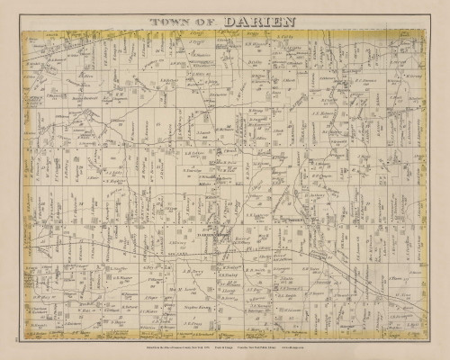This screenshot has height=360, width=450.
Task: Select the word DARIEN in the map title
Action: [249, 17]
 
